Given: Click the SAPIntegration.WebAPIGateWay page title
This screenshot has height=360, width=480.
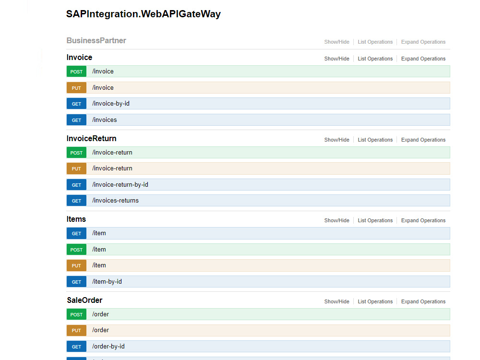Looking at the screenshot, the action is click(143, 14).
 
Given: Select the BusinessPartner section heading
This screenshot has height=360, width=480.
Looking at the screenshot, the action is click(96, 40).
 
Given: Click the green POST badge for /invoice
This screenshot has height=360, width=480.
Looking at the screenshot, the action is click(76, 72).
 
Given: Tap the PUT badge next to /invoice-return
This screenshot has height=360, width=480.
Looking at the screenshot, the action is click(76, 168).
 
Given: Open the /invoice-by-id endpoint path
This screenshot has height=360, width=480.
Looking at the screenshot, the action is click(111, 104).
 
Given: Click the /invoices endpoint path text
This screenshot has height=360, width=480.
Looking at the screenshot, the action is click(104, 120).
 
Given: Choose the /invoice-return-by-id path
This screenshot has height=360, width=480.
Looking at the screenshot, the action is click(120, 185).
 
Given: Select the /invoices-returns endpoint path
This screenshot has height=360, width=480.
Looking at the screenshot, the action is click(115, 201).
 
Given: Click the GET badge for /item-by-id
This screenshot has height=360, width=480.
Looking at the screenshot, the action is click(76, 282).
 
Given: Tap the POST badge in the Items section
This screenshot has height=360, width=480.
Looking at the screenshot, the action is click(76, 250).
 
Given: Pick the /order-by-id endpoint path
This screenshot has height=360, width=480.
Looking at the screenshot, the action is click(108, 347).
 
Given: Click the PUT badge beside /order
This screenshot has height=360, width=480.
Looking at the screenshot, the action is click(76, 330).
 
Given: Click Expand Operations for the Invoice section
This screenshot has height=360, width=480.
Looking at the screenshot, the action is click(423, 59).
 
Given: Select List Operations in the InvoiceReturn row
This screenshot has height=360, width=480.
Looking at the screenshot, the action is click(375, 140).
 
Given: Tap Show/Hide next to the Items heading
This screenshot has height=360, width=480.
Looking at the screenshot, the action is click(337, 220).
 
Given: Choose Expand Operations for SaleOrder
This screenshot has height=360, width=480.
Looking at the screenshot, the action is click(423, 301).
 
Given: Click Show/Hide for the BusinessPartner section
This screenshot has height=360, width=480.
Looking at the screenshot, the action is click(337, 42).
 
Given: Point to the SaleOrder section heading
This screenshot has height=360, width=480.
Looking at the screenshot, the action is click(84, 300).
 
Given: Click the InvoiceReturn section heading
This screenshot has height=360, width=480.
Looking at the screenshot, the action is click(92, 139).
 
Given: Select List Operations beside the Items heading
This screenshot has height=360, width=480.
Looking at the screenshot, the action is click(375, 220).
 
